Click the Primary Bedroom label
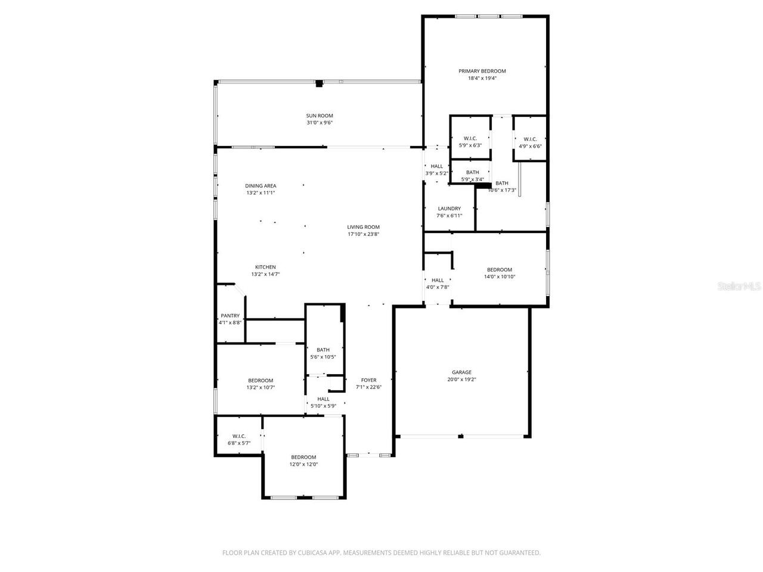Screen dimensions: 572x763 click(482, 71)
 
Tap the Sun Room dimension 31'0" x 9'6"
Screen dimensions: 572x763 click(320, 123)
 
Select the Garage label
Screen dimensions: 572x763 click(461, 372)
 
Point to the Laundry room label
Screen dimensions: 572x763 click(449, 209)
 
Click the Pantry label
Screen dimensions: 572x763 click(230, 316)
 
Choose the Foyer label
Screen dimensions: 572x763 click(368, 380)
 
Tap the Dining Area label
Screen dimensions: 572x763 click(260, 186)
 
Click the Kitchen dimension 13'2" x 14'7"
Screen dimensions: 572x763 click(265, 274)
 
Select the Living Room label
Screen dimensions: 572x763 click(364, 227)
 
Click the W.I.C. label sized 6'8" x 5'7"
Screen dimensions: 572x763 click(238, 436)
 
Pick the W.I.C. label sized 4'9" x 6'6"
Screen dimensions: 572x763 click(530, 139)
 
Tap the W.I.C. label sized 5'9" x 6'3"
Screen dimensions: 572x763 click(470, 138)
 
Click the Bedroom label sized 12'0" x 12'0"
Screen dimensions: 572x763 click(303, 457)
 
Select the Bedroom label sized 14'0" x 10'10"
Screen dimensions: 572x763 click(499, 270)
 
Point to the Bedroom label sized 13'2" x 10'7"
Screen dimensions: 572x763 click(260, 380)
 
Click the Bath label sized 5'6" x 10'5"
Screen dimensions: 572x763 click(323, 350)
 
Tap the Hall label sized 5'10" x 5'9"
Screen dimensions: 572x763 click(323, 399)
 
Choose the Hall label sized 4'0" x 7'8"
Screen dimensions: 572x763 click(438, 280)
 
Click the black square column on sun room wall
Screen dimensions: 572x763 click(319, 84)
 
